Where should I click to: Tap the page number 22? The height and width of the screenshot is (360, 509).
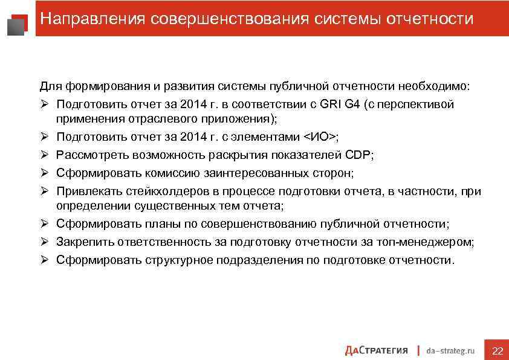click(498, 351)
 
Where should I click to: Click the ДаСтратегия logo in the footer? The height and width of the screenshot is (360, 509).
click(377, 350)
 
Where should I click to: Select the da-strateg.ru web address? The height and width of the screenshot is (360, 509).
click(450, 350)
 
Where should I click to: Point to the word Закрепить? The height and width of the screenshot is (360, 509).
click(83, 242)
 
